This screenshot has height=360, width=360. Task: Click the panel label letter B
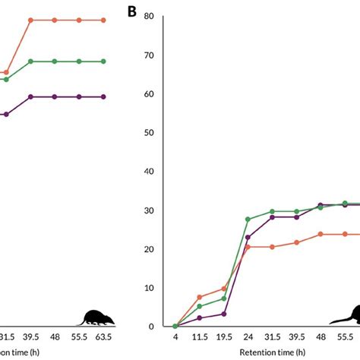131,12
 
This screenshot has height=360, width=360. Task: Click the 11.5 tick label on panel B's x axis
199,336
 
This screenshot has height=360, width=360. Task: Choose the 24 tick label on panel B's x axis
248,336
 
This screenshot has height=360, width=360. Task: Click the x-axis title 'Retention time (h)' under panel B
272,352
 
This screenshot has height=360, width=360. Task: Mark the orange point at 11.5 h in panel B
199,297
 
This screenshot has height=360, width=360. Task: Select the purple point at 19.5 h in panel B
223,314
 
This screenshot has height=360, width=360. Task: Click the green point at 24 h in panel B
248,219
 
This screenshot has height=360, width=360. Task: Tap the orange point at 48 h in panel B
321,234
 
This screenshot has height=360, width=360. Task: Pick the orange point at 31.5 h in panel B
272,247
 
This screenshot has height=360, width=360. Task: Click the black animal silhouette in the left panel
96,317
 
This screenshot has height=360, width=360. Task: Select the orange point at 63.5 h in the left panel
103,21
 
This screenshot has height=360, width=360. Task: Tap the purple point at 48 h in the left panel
54,96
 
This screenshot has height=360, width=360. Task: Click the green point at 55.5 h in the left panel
78,62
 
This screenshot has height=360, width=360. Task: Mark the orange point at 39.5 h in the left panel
30,21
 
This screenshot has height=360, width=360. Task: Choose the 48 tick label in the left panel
54,336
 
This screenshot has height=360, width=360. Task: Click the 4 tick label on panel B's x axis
175,336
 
